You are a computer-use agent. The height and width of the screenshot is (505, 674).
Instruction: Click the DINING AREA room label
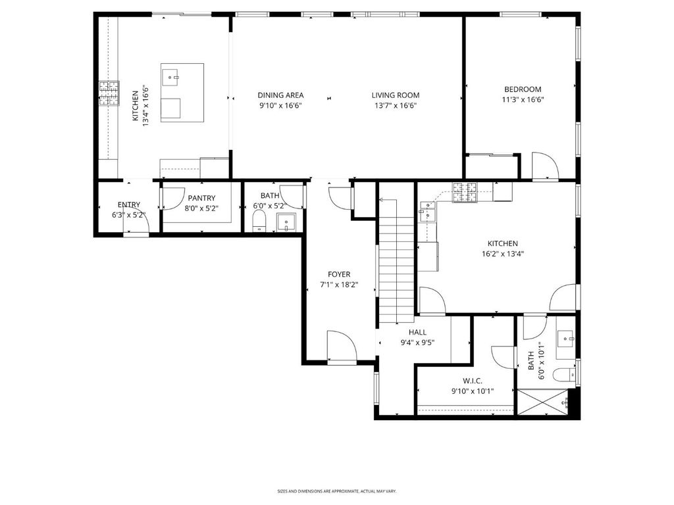[x=280, y=95]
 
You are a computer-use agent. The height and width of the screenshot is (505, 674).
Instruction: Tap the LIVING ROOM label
[x=396, y=95]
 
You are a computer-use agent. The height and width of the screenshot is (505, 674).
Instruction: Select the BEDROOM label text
[x=523, y=89]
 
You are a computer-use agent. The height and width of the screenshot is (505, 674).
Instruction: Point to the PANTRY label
[x=201, y=198]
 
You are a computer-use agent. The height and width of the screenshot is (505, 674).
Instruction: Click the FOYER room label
[x=339, y=274]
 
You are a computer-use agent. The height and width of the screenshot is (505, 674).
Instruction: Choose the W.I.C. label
[x=473, y=381]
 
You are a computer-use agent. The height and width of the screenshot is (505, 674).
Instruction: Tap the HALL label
[x=418, y=332]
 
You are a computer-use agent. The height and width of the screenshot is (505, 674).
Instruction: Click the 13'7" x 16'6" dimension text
[x=396, y=106]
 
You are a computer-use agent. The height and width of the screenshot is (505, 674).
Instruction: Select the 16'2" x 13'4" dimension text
[x=503, y=254]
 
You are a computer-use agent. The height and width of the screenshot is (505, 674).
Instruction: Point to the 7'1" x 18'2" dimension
[x=339, y=284]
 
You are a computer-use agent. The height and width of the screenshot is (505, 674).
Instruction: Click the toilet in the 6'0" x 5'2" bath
[x=259, y=221]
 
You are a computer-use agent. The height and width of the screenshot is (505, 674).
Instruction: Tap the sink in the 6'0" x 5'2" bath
[x=286, y=222]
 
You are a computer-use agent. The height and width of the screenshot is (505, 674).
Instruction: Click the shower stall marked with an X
[x=542, y=402]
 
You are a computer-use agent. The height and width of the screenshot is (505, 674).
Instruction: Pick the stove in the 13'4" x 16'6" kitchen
[x=109, y=93]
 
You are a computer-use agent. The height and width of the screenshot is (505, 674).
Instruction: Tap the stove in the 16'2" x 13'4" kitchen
[x=465, y=192]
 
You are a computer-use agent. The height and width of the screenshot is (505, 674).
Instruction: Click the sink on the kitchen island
[x=171, y=78]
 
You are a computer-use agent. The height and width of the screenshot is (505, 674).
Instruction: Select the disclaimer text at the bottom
[x=336, y=491]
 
